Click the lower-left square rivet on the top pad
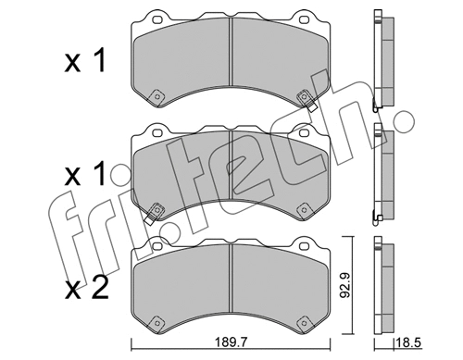click(157, 96)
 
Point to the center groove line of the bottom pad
click(229, 282)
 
